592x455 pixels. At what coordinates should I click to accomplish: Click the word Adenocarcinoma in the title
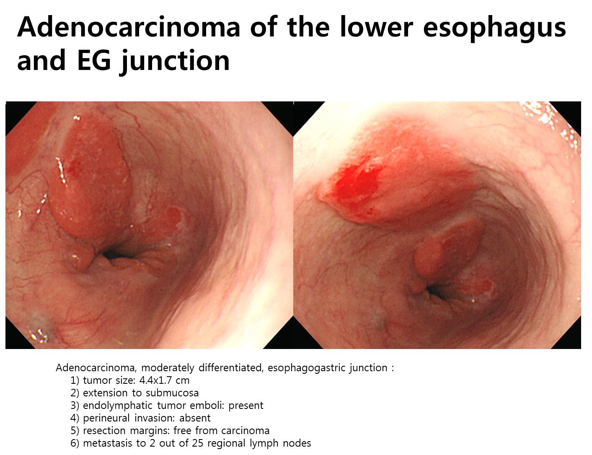click(129, 27)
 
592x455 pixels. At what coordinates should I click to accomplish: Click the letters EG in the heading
click(94, 60)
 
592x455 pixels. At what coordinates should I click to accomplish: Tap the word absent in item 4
click(195, 418)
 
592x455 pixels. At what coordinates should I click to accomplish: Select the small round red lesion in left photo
click(173, 215)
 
